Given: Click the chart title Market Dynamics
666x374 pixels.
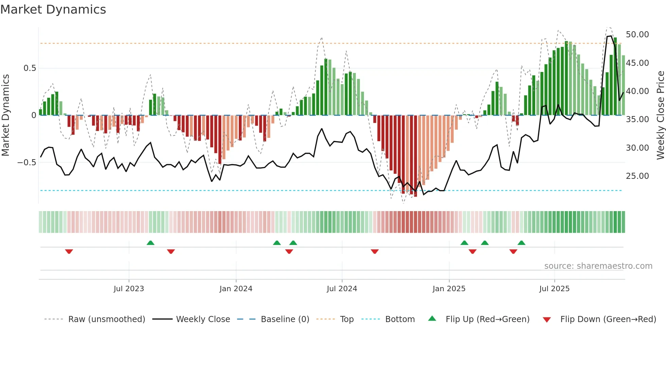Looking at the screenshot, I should pos(53,10).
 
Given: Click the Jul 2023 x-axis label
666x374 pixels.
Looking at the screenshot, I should pos(129,289).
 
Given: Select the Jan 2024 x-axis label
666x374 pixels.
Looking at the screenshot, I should pos(236,289).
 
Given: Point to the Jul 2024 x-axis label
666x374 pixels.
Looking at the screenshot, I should pos(342,289).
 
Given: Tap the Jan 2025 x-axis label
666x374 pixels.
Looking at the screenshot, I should pos(449,289).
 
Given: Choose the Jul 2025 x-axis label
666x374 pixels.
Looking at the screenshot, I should pos(554,289).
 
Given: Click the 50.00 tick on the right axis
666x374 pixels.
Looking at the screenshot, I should pos(637,35).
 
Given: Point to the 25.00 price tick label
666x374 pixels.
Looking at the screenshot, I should pos(637,176).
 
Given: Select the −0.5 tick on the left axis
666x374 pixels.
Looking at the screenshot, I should pos(27,163).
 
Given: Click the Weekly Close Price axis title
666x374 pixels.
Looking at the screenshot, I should pos(660,115).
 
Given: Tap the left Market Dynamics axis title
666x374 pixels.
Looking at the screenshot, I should pos(5,115).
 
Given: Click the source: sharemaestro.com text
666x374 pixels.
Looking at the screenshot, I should pos(598,266).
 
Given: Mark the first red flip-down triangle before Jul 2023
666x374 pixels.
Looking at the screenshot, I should pos(69,251).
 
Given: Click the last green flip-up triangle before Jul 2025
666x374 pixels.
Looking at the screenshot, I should pos(521,243).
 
